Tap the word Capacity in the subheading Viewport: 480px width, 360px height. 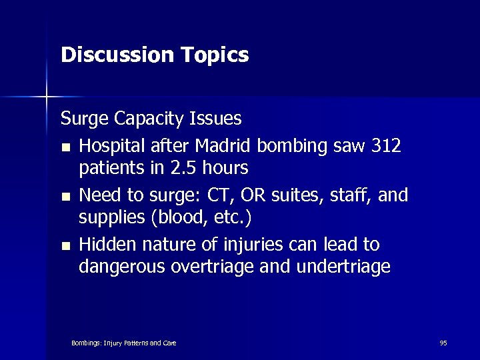[150, 119]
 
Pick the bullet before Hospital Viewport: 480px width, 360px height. [65, 147]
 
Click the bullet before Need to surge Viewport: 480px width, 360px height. [65, 197]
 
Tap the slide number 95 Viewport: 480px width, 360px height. [443, 343]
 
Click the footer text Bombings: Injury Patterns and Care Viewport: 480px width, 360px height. [123, 343]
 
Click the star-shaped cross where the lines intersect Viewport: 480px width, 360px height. [47, 97]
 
